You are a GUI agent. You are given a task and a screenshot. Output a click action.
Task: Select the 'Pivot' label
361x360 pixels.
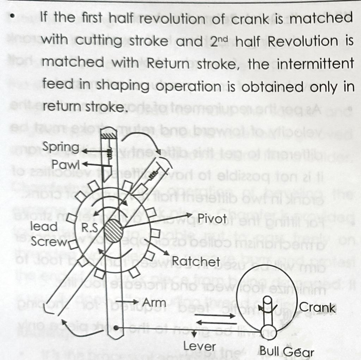click(212, 218)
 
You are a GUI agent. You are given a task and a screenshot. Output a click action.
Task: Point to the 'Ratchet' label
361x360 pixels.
click(196, 262)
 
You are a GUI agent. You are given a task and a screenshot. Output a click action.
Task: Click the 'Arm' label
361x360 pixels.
click(154, 303)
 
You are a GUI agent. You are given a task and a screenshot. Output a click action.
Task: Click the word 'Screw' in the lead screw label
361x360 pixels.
click(49, 242)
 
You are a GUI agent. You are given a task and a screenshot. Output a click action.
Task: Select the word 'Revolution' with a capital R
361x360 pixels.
click(302, 42)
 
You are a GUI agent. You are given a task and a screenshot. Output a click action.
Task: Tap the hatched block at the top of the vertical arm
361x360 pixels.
click(109, 134)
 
